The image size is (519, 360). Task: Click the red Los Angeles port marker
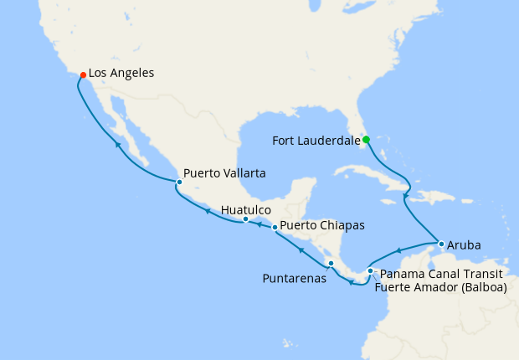(83, 75)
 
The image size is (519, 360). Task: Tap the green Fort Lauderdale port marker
(366, 140)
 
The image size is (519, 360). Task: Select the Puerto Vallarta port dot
(179, 182)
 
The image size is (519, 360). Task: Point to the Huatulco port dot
(245, 219)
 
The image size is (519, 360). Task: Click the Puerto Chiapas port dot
(275, 227)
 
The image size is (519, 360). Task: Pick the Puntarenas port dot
(331, 264)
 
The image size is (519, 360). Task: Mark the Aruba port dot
(441, 244)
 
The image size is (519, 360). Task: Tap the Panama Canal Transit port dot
(370, 271)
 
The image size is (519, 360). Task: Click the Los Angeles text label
(121, 74)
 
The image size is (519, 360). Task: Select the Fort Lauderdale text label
(316, 141)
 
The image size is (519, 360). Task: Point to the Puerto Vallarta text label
(224, 173)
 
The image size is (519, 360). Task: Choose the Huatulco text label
(245, 210)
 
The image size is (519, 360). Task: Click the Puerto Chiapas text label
(322, 225)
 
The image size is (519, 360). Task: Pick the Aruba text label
(465, 245)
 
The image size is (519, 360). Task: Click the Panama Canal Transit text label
(440, 274)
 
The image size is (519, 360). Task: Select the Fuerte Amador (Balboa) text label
(440, 287)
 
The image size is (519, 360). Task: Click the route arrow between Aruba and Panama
(399, 249)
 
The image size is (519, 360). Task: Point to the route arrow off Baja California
(118, 145)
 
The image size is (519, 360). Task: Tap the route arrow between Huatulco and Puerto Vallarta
(207, 211)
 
